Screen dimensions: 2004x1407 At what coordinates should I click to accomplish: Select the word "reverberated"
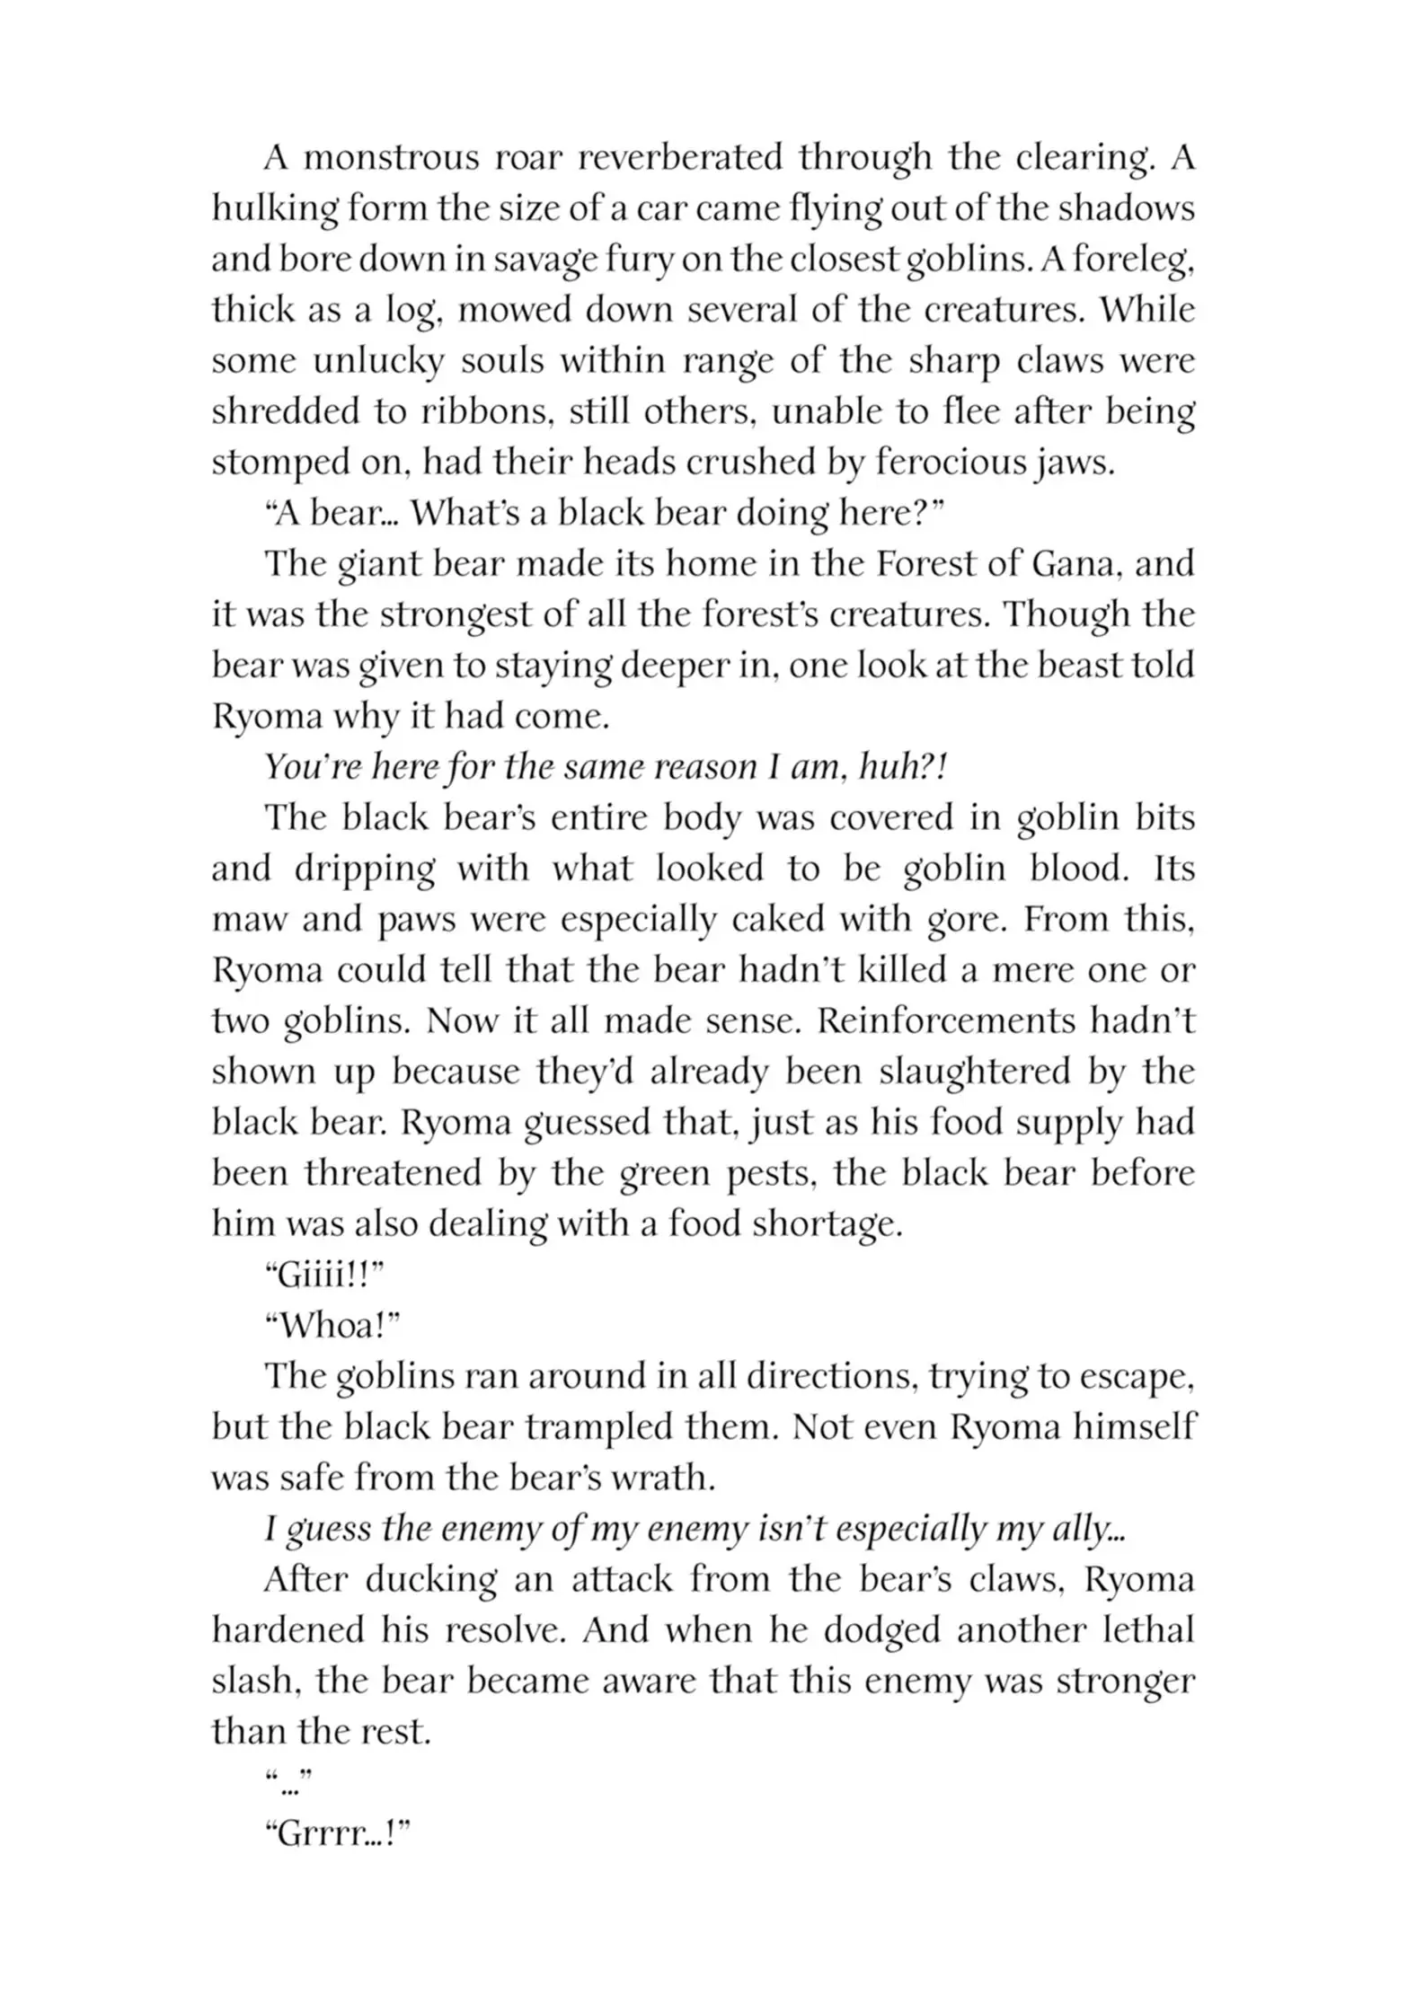pyautogui.click(x=678, y=159)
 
